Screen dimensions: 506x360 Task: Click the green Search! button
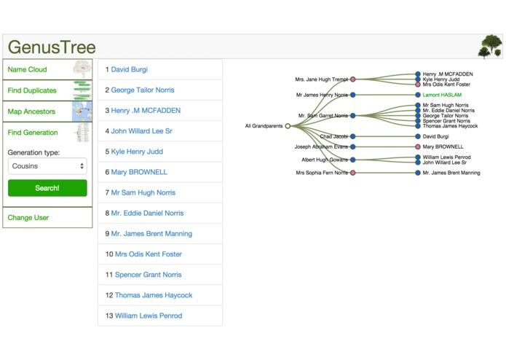click(x=47, y=188)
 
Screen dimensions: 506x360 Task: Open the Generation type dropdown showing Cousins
click(x=47, y=166)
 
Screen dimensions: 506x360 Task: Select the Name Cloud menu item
click(x=28, y=69)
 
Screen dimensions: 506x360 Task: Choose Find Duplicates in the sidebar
click(x=32, y=90)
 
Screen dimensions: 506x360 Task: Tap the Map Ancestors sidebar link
click(x=31, y=111)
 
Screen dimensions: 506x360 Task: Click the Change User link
click(x=28, y=218)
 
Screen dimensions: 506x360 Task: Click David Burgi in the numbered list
click(x=129, y=69)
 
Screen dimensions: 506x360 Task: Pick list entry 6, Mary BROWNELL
click(x=139, y=172)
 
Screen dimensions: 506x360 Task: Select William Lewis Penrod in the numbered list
click(x=149, y=316)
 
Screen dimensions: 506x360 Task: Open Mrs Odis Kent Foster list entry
click(x=149, y=254)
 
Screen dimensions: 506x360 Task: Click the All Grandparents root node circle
click(x=288, y=126)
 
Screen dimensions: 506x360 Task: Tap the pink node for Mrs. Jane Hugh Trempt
click(x=353, y=79)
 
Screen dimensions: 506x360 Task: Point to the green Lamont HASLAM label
click(x=442, y=95)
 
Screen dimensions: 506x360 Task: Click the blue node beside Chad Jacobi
click(x=353, y=136)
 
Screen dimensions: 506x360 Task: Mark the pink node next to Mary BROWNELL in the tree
click(x=418, y=147)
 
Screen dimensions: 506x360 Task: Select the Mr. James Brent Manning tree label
click(x=451, y=173)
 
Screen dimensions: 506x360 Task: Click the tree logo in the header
click(x=490, y=47)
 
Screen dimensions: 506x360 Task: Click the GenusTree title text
click(x=52, y=47)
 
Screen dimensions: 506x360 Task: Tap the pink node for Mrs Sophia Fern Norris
click(x=353, y=173)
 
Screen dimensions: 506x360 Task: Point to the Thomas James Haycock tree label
click(x=450, y=126)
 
